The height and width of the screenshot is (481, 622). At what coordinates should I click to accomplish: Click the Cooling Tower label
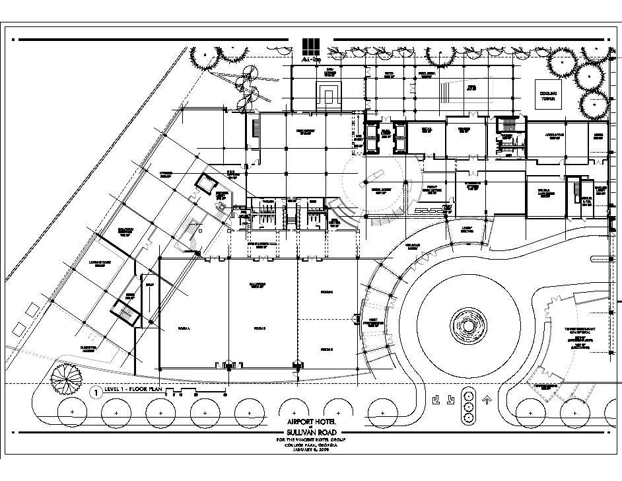pyautogui.click(x=548, y=96)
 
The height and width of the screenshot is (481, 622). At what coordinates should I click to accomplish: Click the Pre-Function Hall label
pyautogui.click(x=263, y=246)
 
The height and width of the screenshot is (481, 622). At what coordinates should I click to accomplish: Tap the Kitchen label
pyautogui.click(x=165, y=175)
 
